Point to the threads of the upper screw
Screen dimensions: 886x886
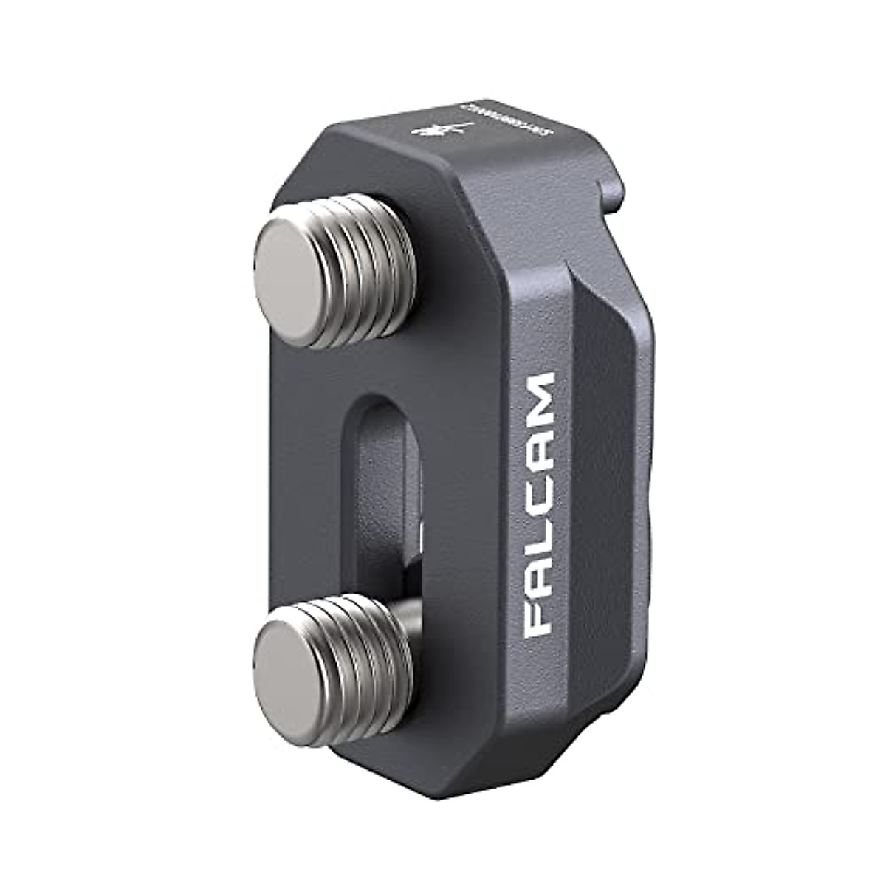369,251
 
